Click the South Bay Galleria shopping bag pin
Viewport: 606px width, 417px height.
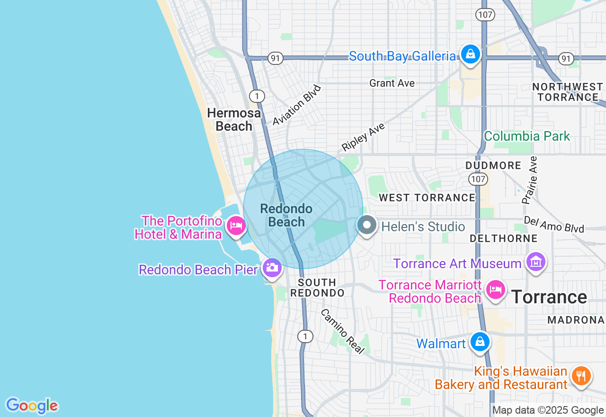[471, 54]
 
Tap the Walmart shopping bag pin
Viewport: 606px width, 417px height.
[480, 342]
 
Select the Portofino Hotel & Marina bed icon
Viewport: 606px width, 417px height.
[236, 225]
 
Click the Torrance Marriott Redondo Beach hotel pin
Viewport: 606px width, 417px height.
[495, 289]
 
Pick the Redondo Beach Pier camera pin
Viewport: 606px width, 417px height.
[272, 268]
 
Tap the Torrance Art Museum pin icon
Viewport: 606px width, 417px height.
[536, 262]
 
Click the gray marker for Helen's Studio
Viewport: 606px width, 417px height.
[367, 225]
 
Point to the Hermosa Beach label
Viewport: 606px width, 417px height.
[234, 119]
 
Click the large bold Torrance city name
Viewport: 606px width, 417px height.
[549, 297]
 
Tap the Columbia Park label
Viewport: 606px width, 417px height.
[527, 136]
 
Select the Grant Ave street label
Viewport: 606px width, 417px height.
[392, 83]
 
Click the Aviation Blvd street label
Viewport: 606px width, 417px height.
[297, 105]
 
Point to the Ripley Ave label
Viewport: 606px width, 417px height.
[363, 137]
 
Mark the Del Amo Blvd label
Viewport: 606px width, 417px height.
[554, 225]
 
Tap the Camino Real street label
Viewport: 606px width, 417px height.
[343, 331]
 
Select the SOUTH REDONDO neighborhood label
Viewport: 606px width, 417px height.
[317, 288]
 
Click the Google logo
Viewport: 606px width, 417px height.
[32, 406]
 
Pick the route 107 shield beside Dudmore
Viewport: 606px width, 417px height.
[478, 179]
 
